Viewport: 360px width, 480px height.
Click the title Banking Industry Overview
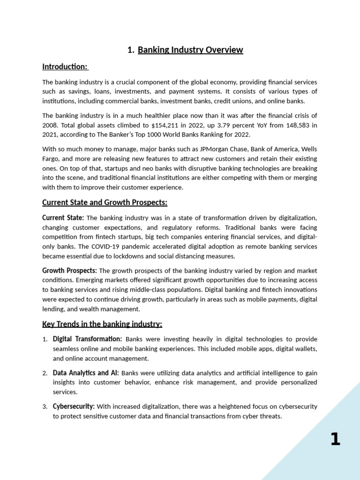pyautogui.click(x=190, y=50)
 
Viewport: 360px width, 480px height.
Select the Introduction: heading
pyautogui.click(x=65, y=67)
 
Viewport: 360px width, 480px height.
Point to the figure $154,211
pyautogui.click(x=167, y=125)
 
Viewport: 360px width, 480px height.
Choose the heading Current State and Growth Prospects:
pyautogui.click(x=105, y=202)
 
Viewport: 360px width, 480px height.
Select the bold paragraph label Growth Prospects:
pyautogui.click(x=69, y=271)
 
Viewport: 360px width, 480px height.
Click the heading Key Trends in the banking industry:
pyautogui.click(x=102, y=324)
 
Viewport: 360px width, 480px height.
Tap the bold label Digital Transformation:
pyautogui.click(x=87, y=339)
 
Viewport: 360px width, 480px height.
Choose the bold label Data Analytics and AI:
pyautogui.click(x=86, y=373)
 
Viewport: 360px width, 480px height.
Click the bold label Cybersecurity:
pyautogui.click(x=74, y=406)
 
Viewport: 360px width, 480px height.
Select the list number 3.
pyautogui.click(x=45, y=407)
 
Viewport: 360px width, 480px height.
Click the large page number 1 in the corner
pyautogui.click(x=335, y=440)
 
